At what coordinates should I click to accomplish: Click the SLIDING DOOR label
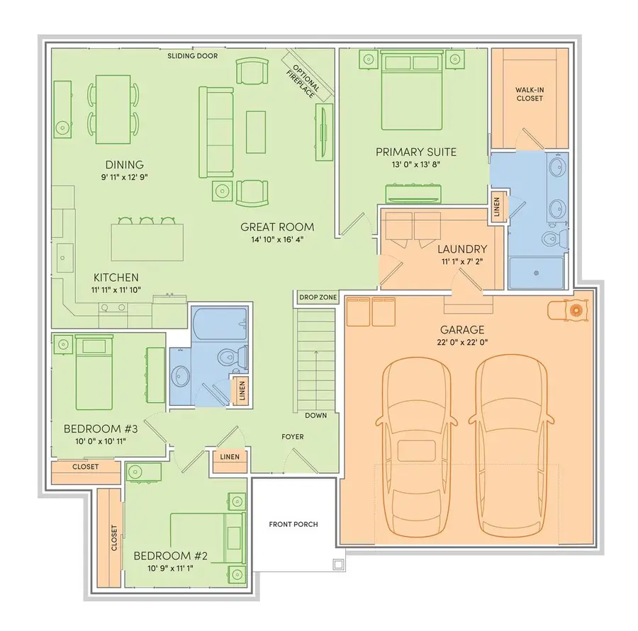pos(192,56)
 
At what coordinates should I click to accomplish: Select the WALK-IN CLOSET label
pos(529,94)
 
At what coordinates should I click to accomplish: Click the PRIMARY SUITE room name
pos(415,152)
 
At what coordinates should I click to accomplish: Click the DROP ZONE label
pos(317,297)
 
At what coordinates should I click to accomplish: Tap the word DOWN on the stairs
pos(316,415)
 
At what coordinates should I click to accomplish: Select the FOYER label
pos(292,437)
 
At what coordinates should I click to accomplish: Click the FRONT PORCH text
pos(293,525)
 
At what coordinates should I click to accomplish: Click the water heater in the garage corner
pos(576,310)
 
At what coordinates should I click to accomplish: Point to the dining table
pos(113,108)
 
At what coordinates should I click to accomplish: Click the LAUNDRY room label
pos(461,249)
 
